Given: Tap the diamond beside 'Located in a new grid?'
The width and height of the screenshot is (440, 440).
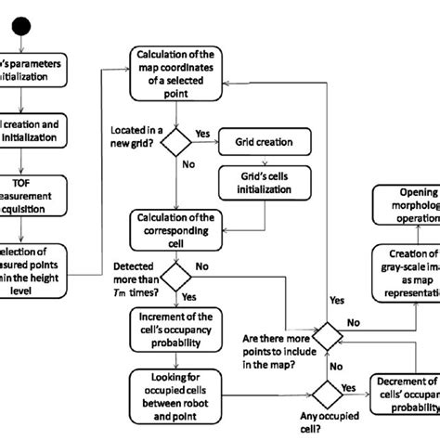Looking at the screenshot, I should [x=175, y=142].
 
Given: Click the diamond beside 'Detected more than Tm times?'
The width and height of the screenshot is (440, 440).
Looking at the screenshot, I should [x=175, y=276].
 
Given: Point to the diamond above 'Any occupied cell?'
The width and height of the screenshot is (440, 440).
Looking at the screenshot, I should [x=326, y=389].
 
